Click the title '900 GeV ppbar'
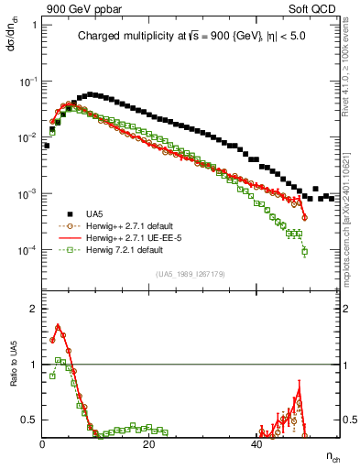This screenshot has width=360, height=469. [x=80, y=8]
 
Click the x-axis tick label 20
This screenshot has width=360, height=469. [x=149, y=444]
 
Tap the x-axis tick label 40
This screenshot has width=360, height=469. [x=256, y=444]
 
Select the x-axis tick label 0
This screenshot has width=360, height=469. [x=43, y=444]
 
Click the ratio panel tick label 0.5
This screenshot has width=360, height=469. [x=29, y=420]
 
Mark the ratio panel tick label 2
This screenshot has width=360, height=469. [x=33, y=309]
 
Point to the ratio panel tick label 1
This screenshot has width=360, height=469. [x=33, y=365]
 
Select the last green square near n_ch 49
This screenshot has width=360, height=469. [x=304, y=251]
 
